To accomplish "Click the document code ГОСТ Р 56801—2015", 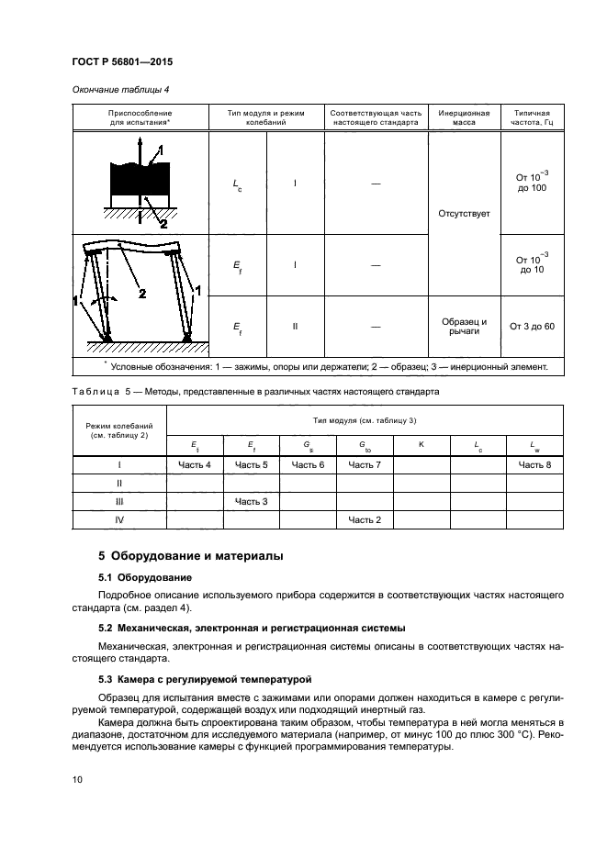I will [122, 61].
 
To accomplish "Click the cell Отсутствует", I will [464, 213].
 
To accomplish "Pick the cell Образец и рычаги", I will [464, 326].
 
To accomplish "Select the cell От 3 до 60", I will [532, 326].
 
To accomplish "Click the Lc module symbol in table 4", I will [238, 183].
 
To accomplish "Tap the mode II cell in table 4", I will [295, 326].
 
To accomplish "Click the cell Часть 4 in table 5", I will [195, 465].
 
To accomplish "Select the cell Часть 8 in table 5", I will [534, 465].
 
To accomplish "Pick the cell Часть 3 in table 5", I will [252, 501].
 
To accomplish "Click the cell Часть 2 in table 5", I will [365, 519].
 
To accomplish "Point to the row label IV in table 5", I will [119, 519].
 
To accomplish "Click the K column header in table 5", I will [421, 444].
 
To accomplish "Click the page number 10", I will [77, 779].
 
